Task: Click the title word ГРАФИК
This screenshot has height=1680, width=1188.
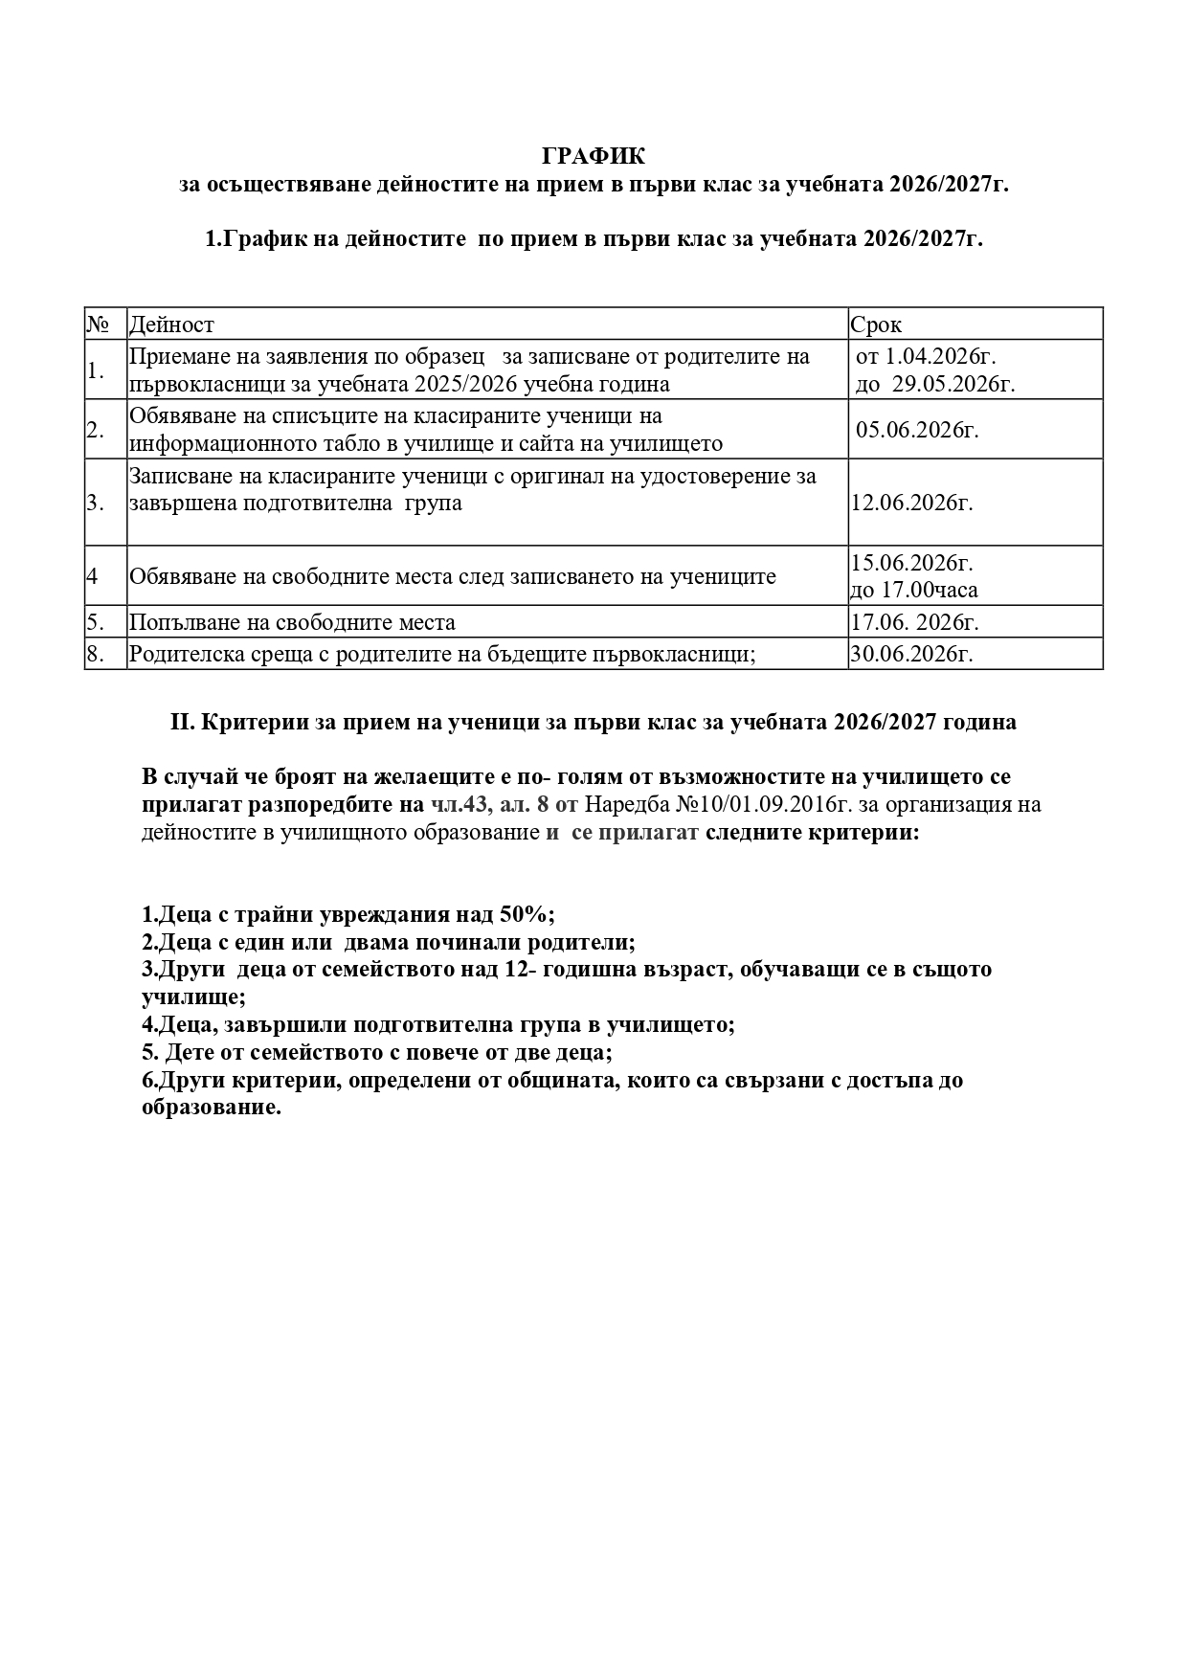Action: [594, 156]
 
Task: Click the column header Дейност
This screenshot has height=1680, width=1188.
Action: [171, 325]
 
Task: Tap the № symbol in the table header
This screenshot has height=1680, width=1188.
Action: [98, 324]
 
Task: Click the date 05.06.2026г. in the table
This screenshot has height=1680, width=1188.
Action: [917, 429]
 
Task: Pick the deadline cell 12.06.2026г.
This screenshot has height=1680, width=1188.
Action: [911, 503]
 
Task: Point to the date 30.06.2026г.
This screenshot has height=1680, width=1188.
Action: [911, 654]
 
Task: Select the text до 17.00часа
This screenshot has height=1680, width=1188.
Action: [914, 590]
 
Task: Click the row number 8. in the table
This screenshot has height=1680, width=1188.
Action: [95, 654]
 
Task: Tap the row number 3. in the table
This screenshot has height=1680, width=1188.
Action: [95, 503]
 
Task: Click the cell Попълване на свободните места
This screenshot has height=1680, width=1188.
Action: [292, 622]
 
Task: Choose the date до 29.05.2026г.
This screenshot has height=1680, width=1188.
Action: [935, 384]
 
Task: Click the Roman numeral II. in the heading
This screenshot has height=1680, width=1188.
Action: [183, 723]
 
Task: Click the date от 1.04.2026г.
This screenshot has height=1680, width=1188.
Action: [926, 356]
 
